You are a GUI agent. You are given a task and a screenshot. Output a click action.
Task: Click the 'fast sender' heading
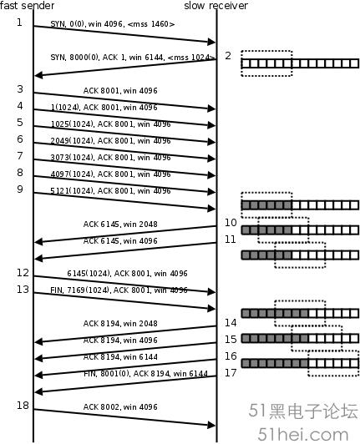27,5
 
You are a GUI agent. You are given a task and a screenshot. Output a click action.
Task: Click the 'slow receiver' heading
216,5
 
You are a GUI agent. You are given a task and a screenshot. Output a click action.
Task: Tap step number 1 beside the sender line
19,22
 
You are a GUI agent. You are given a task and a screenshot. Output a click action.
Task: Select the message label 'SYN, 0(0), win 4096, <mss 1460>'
113,24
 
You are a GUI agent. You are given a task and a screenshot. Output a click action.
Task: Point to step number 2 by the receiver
228,56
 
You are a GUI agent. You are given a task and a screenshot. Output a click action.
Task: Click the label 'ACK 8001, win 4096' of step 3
120,91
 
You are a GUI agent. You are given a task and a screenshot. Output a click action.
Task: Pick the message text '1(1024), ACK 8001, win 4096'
104,108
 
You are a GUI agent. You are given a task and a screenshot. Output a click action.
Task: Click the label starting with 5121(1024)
110,191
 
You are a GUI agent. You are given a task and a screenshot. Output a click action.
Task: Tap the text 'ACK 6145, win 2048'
120,225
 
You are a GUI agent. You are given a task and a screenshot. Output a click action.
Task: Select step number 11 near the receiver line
231,240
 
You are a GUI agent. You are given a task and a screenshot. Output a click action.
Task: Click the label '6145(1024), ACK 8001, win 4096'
127,274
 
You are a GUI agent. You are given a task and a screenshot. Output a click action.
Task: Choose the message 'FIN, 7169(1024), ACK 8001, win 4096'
119,290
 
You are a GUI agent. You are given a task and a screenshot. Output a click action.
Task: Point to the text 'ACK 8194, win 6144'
120,357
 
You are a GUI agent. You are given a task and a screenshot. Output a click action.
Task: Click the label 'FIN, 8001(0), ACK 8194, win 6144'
145,374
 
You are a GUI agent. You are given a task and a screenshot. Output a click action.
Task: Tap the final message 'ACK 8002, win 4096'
120,407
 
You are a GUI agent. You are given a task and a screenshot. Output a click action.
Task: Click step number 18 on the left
23,406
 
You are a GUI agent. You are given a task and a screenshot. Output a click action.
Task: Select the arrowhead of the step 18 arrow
211,425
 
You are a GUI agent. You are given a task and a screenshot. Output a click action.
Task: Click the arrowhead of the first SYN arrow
211,42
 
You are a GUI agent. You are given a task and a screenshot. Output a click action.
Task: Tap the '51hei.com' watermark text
302,434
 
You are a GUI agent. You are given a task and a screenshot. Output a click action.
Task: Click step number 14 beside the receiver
231,322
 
